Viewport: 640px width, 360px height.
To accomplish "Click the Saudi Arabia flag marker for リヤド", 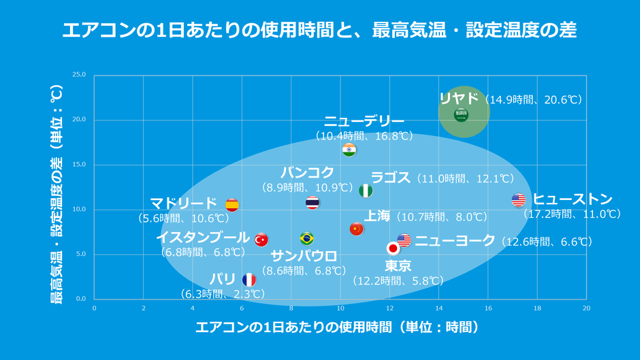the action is pyautogui.click(x=461, y=115).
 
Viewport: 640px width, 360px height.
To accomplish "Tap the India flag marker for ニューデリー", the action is pyautogui.click(x=349, y=150).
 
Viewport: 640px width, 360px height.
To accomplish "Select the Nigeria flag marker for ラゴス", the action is pyautogui.click(x=366, y=191).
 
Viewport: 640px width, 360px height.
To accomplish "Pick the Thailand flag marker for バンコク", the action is pyautogui.click(x=313, y=202).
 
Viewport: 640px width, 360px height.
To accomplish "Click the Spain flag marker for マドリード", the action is pyautogui.click(x=232, y=205).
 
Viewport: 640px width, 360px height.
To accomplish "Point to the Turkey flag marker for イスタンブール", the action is pyautogui.click(x=261, y=240).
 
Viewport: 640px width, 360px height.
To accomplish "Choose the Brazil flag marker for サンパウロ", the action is pyautogui.click(x=306, y=238).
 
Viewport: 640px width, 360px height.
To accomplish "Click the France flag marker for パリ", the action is pyautogui.click(x=249, y=280).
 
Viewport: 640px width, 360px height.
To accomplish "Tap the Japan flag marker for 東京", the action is pyautogui.click(x=393, y=248).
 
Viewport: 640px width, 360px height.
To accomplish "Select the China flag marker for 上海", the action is pyautogui.click(x=356, y=229).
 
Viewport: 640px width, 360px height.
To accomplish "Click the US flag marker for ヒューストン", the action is pyautogui.click(x=519, y=200).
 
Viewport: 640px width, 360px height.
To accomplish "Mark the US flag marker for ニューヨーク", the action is pyautogui.click(x=404, y=240).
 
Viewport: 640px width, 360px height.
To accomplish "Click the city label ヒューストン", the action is pyautogui.click(x=573, y=199).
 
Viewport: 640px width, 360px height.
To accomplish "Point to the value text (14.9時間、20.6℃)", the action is pyautogui.click(x=534, y=100).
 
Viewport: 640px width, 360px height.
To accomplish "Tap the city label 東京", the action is pyautogui.click(x=398, y=266).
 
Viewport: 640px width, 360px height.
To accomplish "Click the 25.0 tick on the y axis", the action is pyautogui.click(x=79, y=75).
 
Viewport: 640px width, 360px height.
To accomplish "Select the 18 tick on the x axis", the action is pyautogui.click(x=537, y=308).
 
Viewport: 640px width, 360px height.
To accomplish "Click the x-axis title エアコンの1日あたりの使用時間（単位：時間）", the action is pyautogui.click(x=337, y=327).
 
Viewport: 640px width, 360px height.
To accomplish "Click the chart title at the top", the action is pyautogui.click(x=319, y=31).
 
